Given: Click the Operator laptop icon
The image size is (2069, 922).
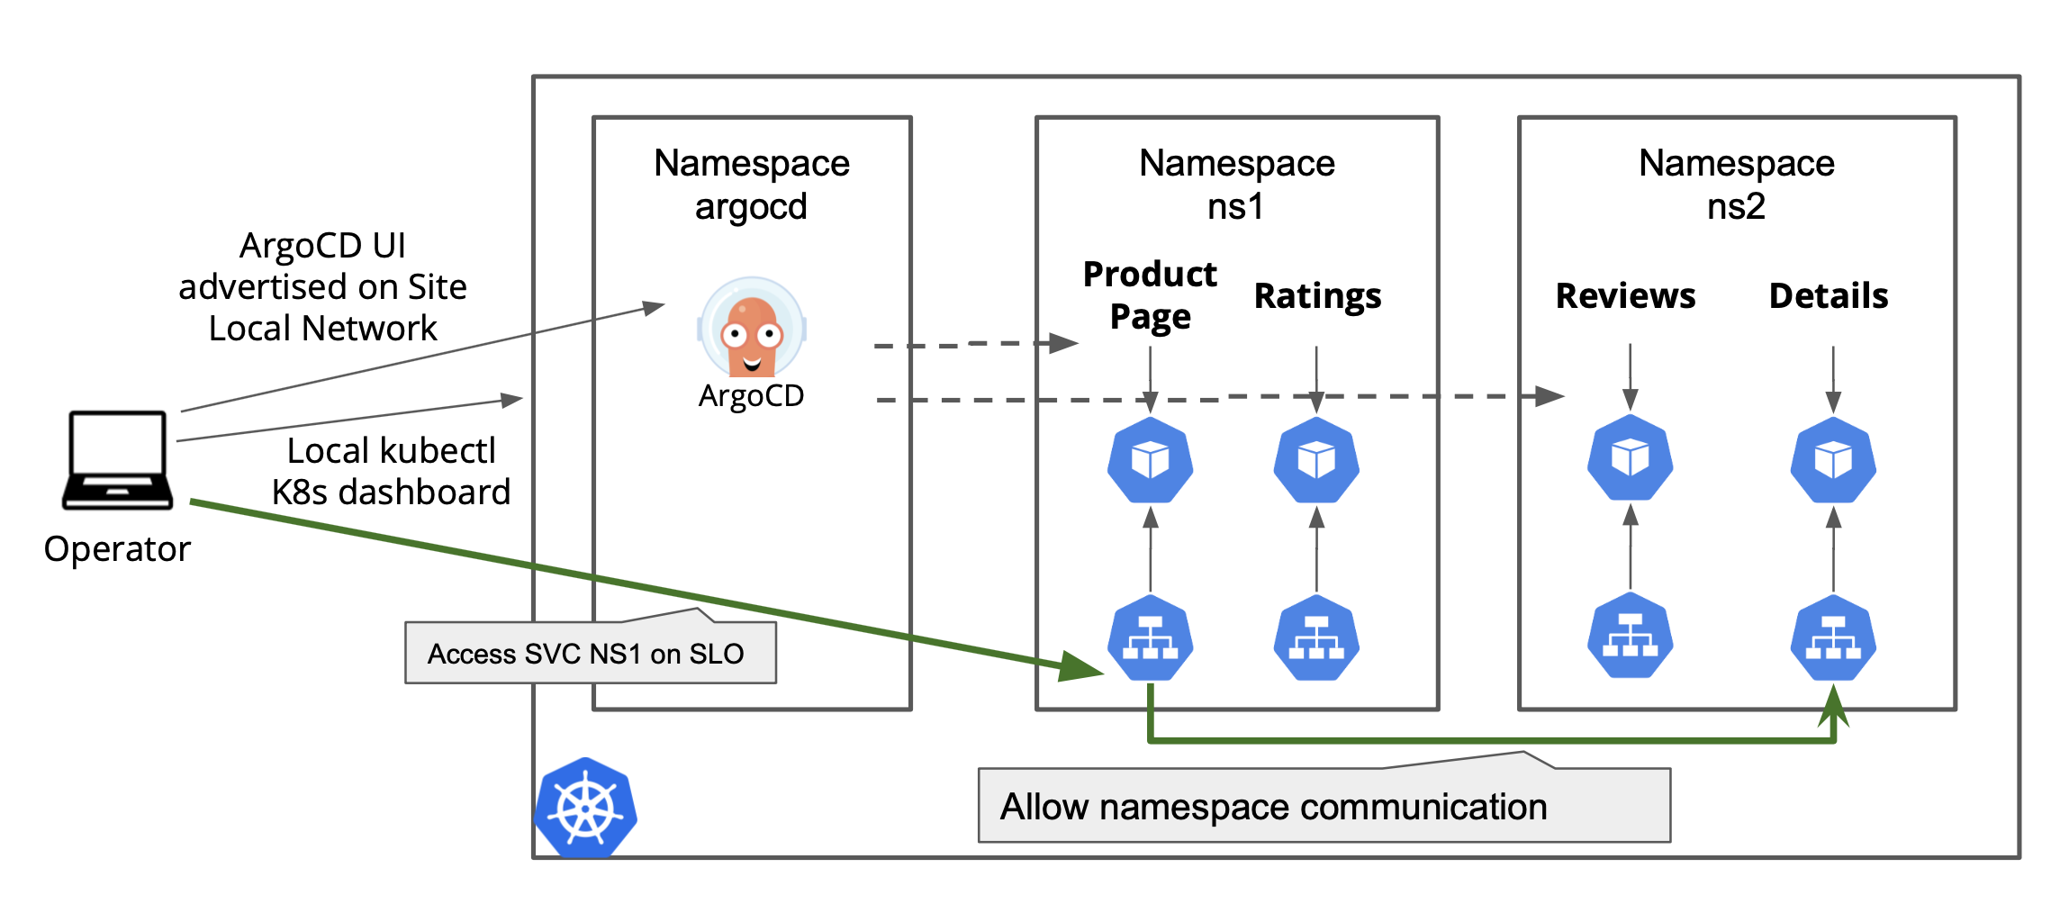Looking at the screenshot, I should tap(117, 460).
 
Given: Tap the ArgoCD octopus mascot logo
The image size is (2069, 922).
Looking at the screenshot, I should tap(751, 329).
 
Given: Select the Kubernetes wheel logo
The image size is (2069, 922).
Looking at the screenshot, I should tap(586, 808).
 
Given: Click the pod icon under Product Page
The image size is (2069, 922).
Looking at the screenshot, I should tap(1150, 460).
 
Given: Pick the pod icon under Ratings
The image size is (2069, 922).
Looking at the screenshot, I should tap(1316, 460).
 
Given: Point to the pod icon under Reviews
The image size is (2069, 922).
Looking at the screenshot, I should tap(1630, 457).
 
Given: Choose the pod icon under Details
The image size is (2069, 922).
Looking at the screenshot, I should tap(1833, 460).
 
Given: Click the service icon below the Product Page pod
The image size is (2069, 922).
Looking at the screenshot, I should tap(1150, 637).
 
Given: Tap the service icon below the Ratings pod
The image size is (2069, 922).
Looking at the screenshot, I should tap(1316, 637).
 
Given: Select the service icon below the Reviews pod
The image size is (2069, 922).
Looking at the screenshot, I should tap(1630, 636).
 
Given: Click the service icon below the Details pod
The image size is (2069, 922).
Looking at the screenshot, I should tap(1833, 637).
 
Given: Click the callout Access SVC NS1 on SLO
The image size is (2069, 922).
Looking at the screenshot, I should tap(586, 653).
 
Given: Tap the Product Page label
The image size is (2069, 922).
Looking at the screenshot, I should tap(1150, 294).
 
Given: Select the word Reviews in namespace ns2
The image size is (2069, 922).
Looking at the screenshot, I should tap(1625, 295).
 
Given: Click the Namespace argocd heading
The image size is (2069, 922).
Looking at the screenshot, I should tap(752, 185).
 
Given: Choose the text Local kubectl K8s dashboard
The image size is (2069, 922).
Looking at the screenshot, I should tap(391, 471).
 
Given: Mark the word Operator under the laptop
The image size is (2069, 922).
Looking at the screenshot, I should tap(117, 548).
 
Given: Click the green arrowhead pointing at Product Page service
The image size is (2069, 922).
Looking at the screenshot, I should tap(1080, 667).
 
